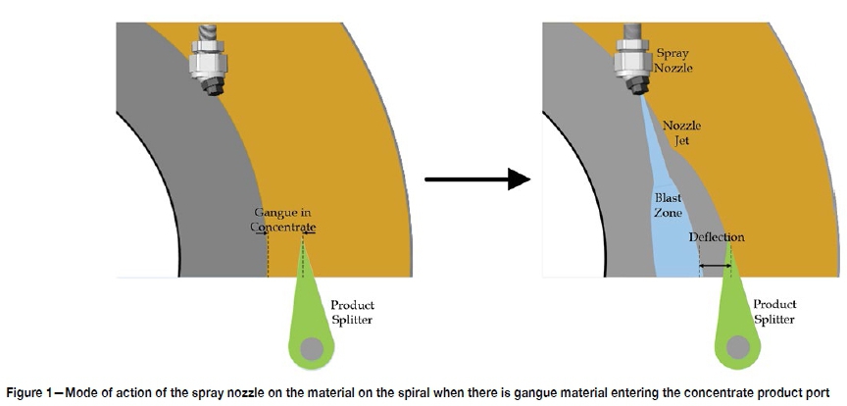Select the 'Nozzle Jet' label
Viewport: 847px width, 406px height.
pos(682,133)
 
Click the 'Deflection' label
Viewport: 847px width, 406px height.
pos(717,237)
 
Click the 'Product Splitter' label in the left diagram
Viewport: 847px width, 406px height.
pos(352,312)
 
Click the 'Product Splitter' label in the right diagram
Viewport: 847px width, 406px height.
pos(774,312)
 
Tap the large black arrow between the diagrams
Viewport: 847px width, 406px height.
pos(477,179)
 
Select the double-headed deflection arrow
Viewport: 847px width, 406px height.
pos(716,266)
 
